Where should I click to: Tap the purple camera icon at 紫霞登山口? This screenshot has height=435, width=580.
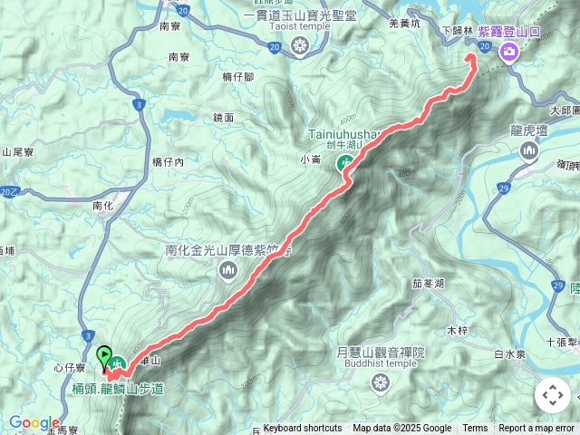tap(508, 51)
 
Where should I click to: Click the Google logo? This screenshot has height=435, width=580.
tap(34, 422)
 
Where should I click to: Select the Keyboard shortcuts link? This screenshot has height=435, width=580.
tap(303, 429)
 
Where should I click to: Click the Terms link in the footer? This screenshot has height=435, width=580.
tap(475, 429)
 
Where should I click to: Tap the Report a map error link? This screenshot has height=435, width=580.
tap(537, 429)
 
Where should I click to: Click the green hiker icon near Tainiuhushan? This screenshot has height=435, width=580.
tap(345, 164)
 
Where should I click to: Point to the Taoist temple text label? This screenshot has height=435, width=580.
tap(299, 26)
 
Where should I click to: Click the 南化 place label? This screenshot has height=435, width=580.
tap(103, 206)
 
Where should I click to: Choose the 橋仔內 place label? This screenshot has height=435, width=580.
tap(168, 162)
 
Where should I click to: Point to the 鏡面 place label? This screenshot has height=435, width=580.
tap(224, 118)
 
